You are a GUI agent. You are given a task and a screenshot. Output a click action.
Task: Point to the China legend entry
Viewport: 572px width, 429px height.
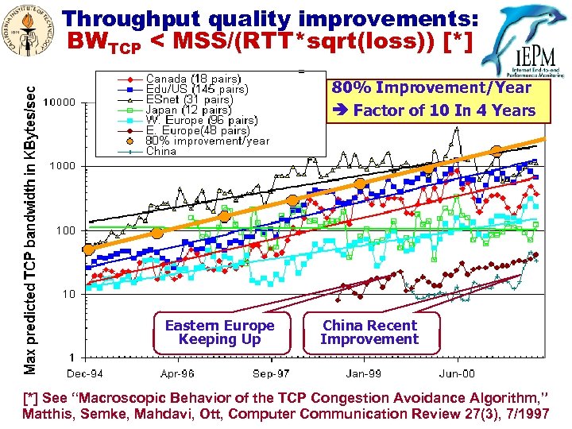161,151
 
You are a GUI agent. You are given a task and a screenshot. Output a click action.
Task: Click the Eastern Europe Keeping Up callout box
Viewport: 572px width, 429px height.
219,332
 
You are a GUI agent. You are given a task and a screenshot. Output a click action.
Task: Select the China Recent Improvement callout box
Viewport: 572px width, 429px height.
369,332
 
